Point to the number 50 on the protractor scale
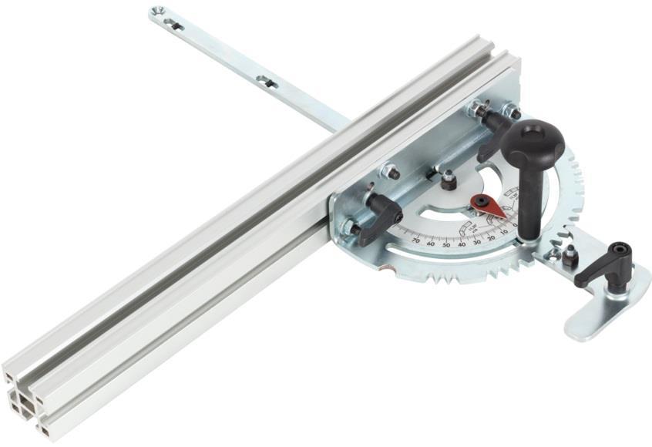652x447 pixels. coord(446,244)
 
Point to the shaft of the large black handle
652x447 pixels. coord(529,200)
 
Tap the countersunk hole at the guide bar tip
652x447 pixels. coord(158,12)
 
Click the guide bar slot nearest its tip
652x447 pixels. coord(176,25)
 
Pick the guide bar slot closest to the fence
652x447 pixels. coord(266,80)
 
